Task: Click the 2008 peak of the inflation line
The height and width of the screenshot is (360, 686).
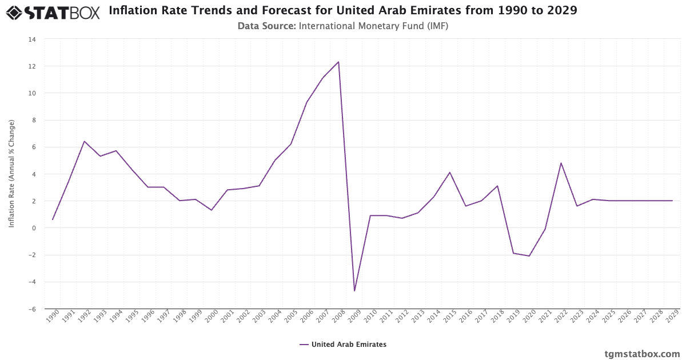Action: pyautogui.click(x=338, y=62)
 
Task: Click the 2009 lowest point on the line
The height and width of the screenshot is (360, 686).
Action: pyautogui.click(x=354, y=291)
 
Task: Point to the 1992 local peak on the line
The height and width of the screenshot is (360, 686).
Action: pyautogui.click(x=84, y=141)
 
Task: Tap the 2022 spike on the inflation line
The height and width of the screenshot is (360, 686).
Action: pyautogui.click(x=561, y=163)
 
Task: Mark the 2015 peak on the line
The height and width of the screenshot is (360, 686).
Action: pyautogui.click(x=450, y=173)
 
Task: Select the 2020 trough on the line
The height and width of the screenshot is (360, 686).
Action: pyautogui.click(x=529, y=256)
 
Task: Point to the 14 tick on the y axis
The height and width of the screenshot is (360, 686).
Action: pyautogui.click(x=32, y=39)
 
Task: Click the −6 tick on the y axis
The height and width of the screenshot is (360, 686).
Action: pyautogui.click(x=32, y=309)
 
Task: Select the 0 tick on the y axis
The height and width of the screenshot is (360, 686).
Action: pyautogui.click(x=34, y=228)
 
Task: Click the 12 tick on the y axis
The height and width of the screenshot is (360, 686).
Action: pyautogui.click(x=32, y=66)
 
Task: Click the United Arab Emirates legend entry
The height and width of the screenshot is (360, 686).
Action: pyautogui.click(x=343, y=345)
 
